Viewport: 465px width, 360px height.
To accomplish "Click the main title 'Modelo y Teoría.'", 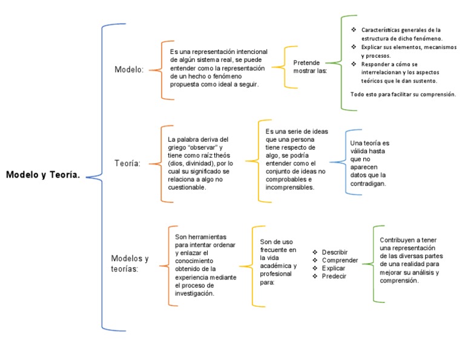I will [43, 175].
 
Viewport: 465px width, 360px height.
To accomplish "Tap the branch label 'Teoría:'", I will [128, 163].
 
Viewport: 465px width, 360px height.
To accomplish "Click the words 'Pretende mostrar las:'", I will [310, 66].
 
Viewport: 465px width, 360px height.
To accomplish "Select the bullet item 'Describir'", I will [335, 252].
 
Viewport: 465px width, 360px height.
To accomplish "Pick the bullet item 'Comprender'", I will [340, 260].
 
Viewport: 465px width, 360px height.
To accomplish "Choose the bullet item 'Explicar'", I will [334, 268].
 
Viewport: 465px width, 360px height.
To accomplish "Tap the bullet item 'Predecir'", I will [334, 276].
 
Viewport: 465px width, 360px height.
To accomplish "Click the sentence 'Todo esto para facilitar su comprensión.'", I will [403, 95].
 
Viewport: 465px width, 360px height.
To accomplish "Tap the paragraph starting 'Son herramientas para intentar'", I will [205, 264].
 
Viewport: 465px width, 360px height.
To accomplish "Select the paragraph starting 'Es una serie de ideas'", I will [295, 159].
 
